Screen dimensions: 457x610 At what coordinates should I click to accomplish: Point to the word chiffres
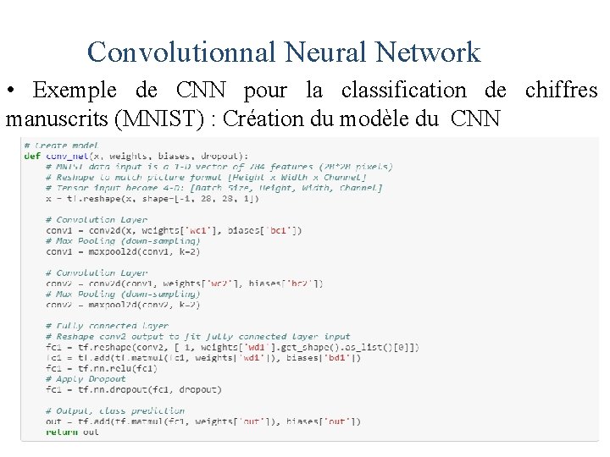pyautogui.click(x=561, y=90)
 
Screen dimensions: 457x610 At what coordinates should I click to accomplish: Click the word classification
pyautogui.click(x=403, y=90)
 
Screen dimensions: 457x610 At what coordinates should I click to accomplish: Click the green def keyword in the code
pyautogui.click(x=32, y=156)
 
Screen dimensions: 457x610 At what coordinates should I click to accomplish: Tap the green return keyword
pyautogui.click(x=61, y=432)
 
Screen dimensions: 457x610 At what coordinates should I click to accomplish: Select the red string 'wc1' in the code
pyautogui.click(x=197, y=230)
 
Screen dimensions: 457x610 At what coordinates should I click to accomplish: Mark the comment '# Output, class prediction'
pyautogui.click(x=115, y=410)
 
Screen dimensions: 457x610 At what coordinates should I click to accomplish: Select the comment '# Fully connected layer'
pyautogui.click(x=107, y=326)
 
